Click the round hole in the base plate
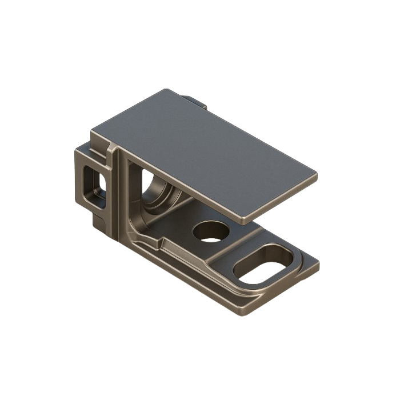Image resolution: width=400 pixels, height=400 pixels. click(x=211, y=231)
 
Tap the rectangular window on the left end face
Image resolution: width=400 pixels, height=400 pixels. click(x=95, y=182)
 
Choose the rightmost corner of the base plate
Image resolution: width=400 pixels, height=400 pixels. click(x=321, y=265)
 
